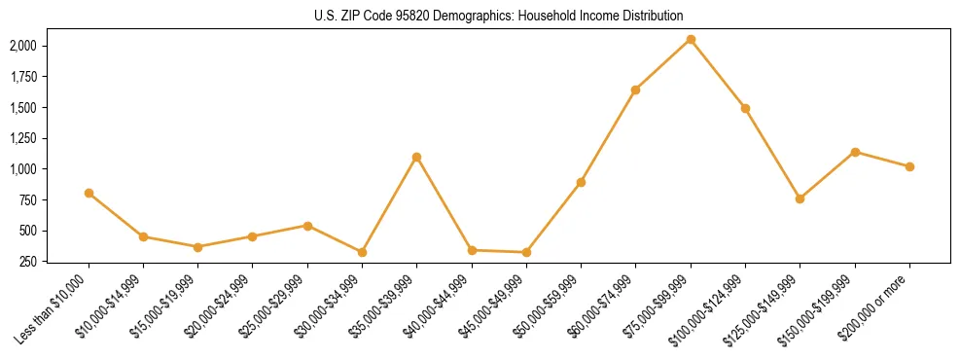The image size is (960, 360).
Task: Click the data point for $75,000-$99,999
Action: (x=691, y=40)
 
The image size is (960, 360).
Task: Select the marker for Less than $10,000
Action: (x=89, y=193)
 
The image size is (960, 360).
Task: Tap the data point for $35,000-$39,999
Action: (x=416, y=157)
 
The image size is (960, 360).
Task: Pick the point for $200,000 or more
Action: (x=909, y=166)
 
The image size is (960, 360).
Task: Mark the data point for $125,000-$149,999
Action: (x=800, y=198)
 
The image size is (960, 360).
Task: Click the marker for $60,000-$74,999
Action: (x=635, y=90)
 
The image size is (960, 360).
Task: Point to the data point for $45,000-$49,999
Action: (x=526, y=252)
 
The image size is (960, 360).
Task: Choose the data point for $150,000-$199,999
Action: (x=855, y=152)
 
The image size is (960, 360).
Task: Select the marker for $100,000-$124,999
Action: (x=745, y=108)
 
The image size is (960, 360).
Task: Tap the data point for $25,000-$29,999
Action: (x=307, y=226)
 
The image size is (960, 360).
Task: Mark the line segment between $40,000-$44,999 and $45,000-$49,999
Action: (x=499, y=251)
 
